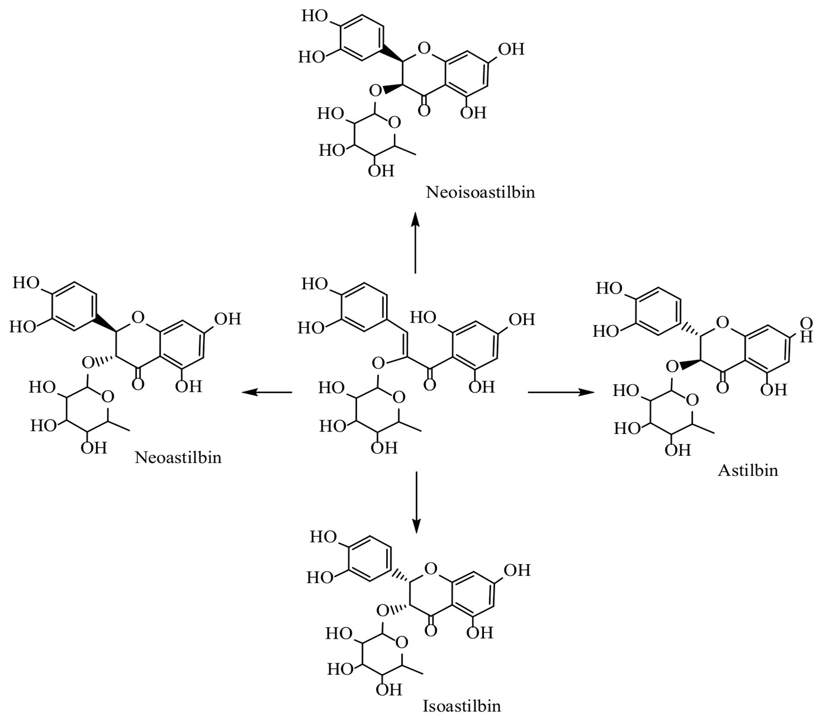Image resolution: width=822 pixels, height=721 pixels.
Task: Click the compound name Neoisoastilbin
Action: tap(480, 192)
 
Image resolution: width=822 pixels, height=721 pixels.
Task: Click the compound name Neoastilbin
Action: tap(178, 458)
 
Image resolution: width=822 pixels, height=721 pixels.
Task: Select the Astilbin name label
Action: tap(748, 471)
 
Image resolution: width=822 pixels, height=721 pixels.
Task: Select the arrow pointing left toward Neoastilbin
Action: tap(268, 392)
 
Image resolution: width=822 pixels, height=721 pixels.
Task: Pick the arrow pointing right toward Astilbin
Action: tap(561, 392)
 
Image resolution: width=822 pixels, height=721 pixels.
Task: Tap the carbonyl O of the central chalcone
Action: tap(430, 385)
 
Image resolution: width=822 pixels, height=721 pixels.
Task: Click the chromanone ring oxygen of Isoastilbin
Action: tap(431, 569)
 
